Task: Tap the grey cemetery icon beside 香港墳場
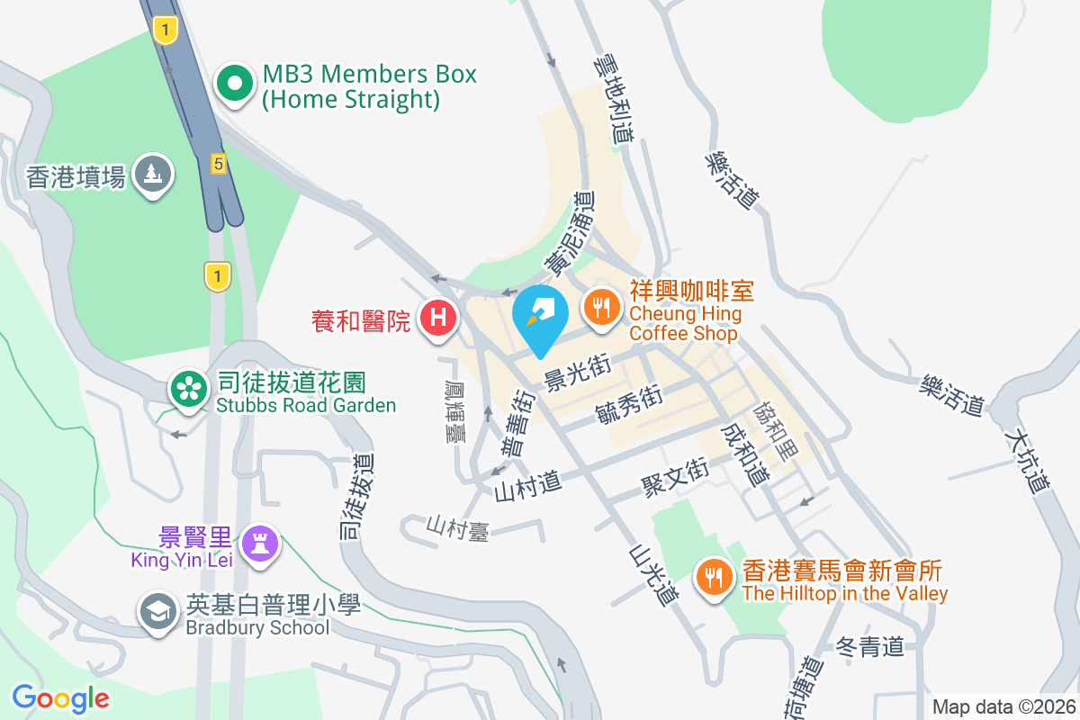[x=153, y=174]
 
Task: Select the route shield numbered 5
[x=218, y=164]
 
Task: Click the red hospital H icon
[x=438, y=318]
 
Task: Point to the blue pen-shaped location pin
[x=539, y=314]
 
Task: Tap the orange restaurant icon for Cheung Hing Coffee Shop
[x=600, y=306]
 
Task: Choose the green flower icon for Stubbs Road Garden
[x=188, y=389]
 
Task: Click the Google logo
[x=61, y=697]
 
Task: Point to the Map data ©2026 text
[x=1003, y=706]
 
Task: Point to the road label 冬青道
[x=869, y=647]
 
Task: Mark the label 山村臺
[x=457, y=527]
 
